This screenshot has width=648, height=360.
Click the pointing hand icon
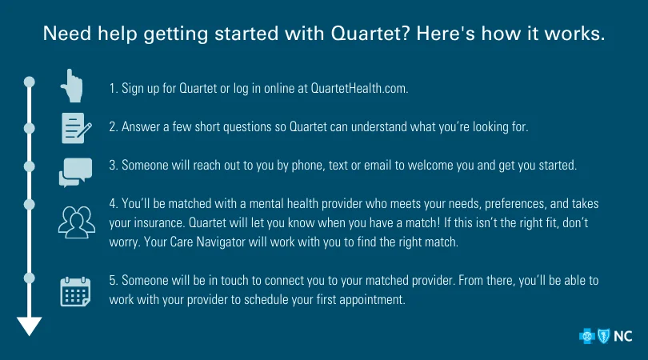pos(72,86)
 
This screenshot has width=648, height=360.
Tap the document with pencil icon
pos(76,128)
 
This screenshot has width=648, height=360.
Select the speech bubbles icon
pos(76,172)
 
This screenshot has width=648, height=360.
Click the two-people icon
pos(77,222)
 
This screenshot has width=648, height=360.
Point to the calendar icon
pos(75,292)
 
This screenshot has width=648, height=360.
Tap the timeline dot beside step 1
pos(30,82)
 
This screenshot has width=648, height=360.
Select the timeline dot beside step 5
pos(30,278)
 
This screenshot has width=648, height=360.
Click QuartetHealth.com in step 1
pos(359,89)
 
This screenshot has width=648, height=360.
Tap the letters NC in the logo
pos(622,337)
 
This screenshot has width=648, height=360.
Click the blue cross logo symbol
pos(587,337)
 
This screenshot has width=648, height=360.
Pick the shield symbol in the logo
pos(604,336)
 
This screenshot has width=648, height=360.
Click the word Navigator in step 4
pos(220,242)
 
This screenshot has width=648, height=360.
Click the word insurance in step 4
pos(158,222)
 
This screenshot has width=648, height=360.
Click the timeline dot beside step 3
pos(30,166)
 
